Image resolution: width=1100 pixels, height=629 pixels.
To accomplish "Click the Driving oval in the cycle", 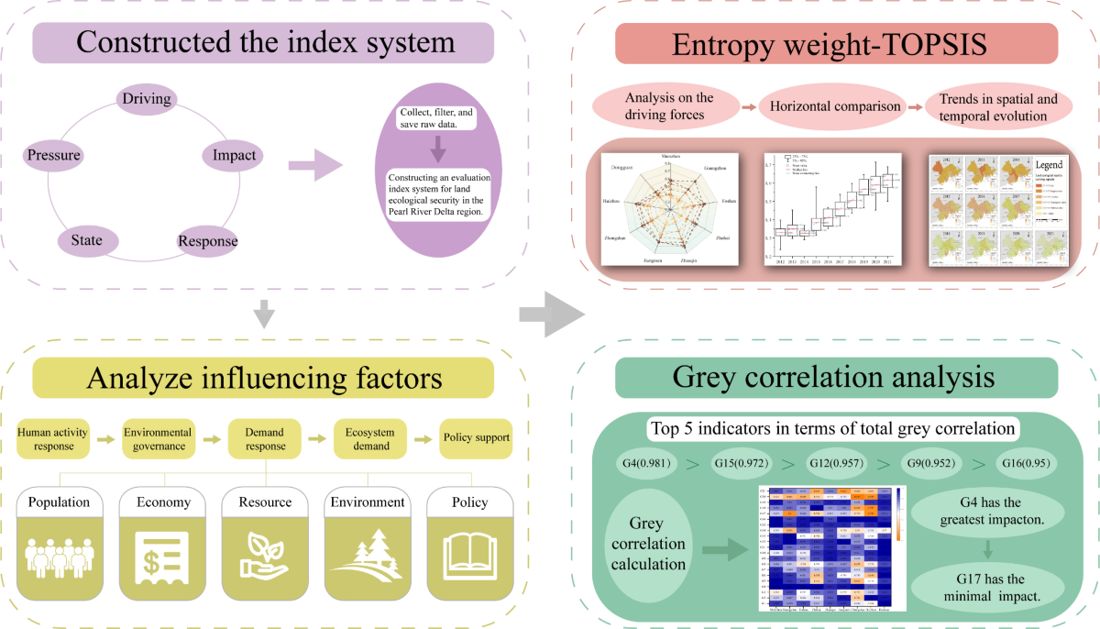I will point(148,97).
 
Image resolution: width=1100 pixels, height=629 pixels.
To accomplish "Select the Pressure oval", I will point(54,155).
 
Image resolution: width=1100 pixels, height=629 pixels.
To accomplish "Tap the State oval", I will point(87,241).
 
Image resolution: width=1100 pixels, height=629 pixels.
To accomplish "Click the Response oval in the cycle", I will point(207,242).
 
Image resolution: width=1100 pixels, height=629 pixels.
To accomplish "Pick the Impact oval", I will point(234,156).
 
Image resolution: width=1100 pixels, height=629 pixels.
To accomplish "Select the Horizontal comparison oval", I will point(835,106).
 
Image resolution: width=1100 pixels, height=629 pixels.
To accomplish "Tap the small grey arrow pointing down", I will point(263,314).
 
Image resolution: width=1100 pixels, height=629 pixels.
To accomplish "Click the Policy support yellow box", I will point(475,438).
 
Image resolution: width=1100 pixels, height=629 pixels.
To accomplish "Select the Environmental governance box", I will point(165,438).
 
